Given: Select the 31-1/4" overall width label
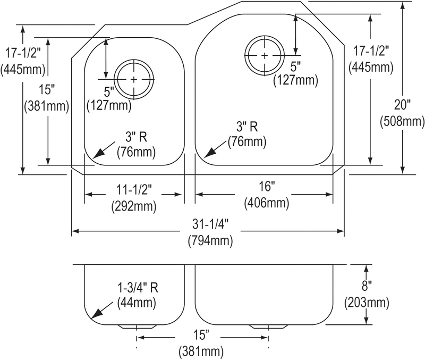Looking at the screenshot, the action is [x=210, y=224].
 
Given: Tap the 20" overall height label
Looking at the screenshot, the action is [x=402, y=104].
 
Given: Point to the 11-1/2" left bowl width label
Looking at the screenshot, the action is [x=134, y=190].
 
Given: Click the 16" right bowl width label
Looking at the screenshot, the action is [x=267, y=187].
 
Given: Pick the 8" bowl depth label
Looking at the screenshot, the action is [x=366, y=286].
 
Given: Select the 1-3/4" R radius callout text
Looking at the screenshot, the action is [x=138, y=288].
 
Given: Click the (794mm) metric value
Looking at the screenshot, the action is [x=210, y=240].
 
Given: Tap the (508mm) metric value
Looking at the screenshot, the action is [x=402, y=121].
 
